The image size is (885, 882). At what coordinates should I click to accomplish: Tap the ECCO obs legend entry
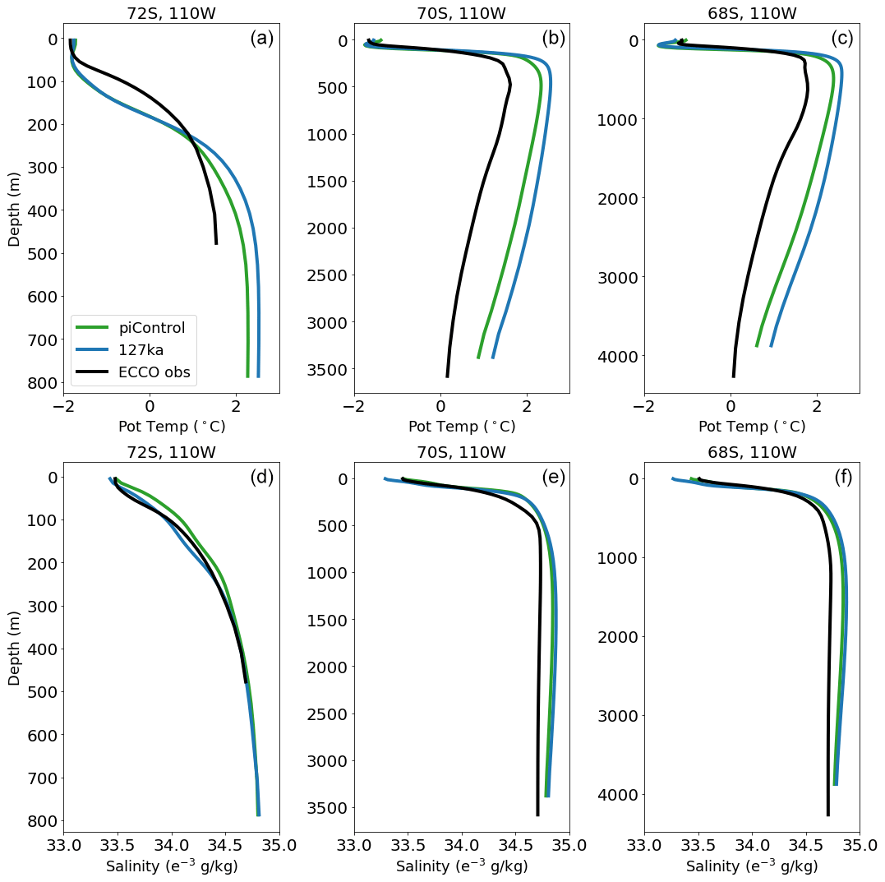pyautogui.click(x=154, y=372)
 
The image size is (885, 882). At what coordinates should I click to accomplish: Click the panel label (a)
pyautogui.click(x=261, y=39)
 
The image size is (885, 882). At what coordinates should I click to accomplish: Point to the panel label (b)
pyautogui.click(x=553, y=39)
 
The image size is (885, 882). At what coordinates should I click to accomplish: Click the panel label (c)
pyautogui.click(x=842, y=39)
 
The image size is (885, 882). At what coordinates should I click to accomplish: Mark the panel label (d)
pyautogui.click(x=261, y=477)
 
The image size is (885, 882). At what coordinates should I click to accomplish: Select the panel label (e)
pyautogui.click(x=553, y=477)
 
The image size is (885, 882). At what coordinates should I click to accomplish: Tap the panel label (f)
pyautogui.click(x=842, y=477)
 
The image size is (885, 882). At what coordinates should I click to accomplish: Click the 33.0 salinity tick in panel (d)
pyautogui.click(x=64, y=844)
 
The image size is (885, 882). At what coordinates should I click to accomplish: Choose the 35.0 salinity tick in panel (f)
pyautogui.click(x=859, y=844)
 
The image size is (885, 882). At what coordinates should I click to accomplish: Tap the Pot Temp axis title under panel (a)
pyautogui.click(x=172, y=427)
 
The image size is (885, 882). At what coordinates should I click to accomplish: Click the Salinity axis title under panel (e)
pyautogui.click(x=462, y=866)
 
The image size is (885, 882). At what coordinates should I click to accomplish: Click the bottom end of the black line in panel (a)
pyautogui.click(x=216, y=243)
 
